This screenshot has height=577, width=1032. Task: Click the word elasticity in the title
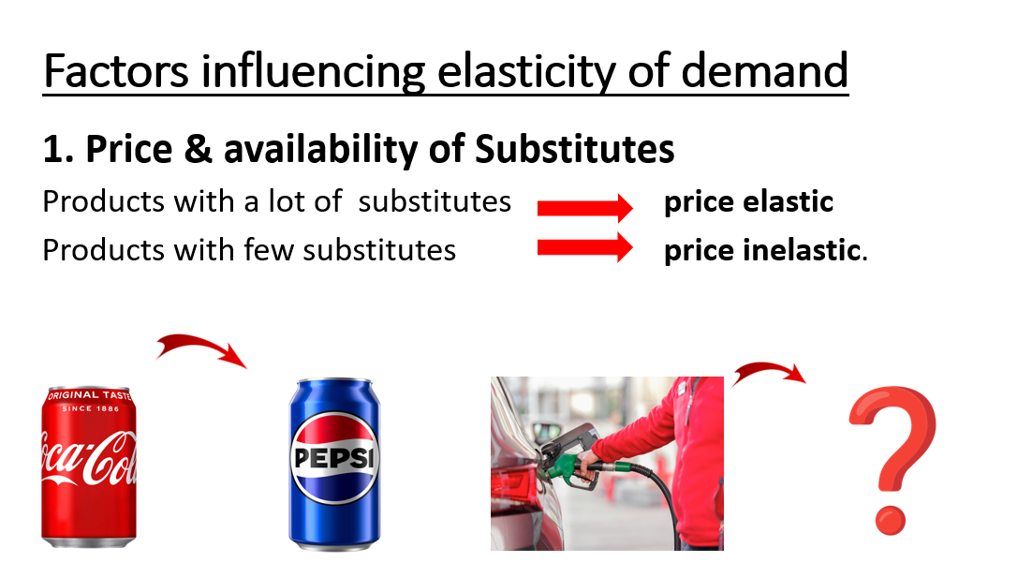click(527, 72)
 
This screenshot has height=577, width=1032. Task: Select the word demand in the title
click(764, 71)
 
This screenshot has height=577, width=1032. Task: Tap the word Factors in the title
click(116, 71)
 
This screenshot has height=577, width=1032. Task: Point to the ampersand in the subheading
click(199, 148)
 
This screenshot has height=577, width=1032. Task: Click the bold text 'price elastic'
click(748, 201)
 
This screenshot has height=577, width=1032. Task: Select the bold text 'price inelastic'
click(762, 250)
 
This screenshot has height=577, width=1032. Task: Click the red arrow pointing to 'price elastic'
click(585, 208)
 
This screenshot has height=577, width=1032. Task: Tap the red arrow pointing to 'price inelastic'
click(585, 247)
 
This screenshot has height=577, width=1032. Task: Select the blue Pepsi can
click(334, 465)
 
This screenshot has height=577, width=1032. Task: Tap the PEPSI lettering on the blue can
click(334, 458)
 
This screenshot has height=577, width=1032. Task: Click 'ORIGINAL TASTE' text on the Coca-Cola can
click(90, 395)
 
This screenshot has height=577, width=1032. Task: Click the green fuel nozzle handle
click(566, 465)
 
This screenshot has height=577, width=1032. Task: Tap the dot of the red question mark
click(891, 521)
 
